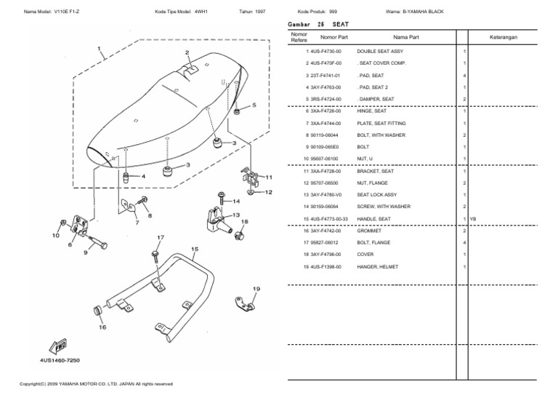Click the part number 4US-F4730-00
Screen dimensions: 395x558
click(325, 52)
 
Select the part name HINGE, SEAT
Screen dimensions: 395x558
click(372, 111)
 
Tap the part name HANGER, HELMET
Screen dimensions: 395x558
click(376, 266)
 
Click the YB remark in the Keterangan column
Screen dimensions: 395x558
click(473, 219)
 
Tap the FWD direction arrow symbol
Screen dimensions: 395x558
click(58, 346)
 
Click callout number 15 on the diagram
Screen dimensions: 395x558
click(194, 249)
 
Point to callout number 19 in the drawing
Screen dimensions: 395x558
click(255, 289)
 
